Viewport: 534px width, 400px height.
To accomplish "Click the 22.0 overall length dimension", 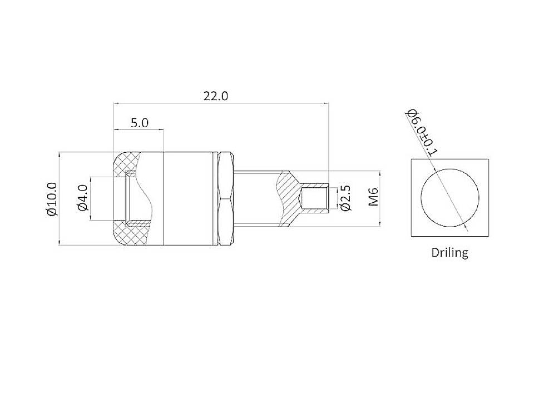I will pyautogui.click(x=215, y=96).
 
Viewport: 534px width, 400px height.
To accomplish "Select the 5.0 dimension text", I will pyautogui.click(x=140, y=123).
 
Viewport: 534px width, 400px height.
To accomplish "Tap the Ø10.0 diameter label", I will pyautogui.click(x=51, y=198).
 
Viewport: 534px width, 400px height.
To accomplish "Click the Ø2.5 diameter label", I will pyautogui.click(x=345, y=198).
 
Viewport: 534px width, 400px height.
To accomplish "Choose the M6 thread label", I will pyautogui.click(x=374, y=197).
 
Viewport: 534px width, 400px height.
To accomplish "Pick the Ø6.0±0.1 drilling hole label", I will pyautogui.click(x=423, y=133).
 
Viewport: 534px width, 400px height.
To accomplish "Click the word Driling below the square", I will pyautogui.click(x=449, y=252).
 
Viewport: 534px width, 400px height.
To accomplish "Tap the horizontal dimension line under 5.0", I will pyautogui.click(x=139, y=130).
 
